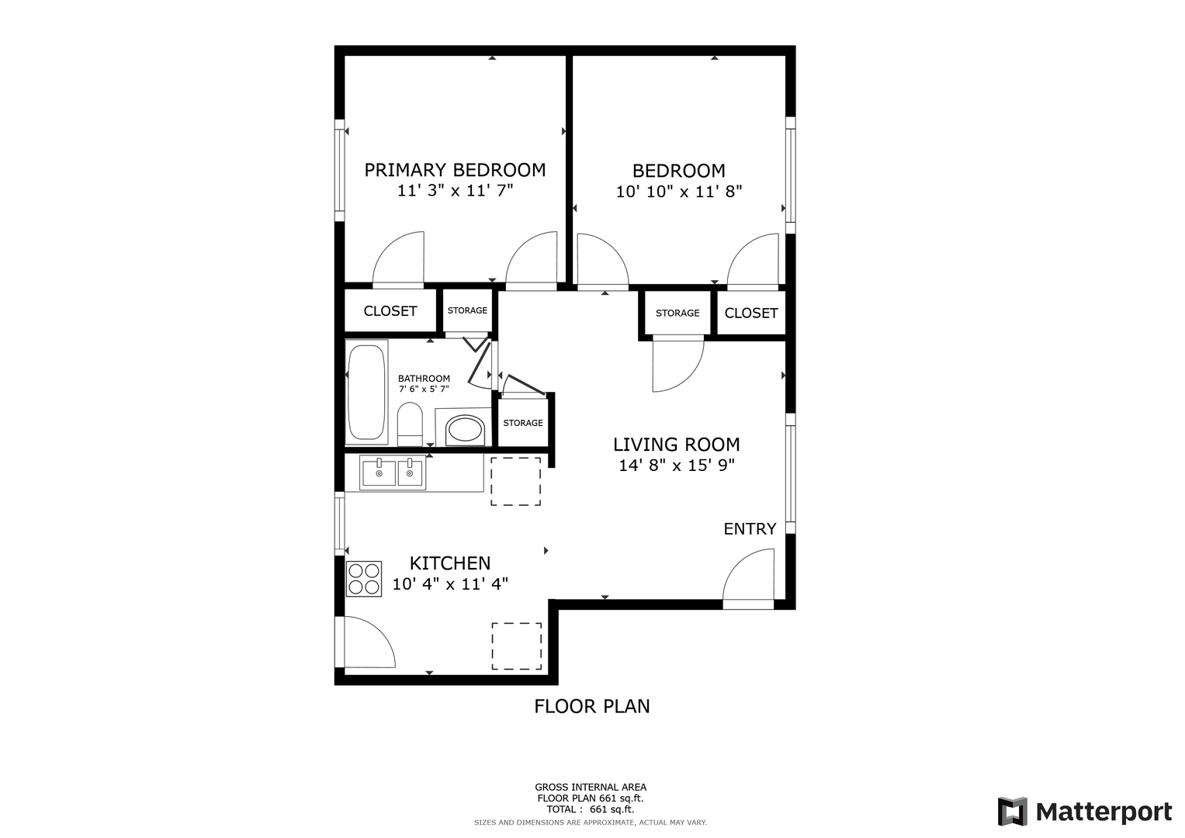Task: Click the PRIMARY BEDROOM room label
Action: (x=455, y=170)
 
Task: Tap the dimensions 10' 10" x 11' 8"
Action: (x=679, y=192)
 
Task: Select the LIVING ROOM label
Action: (x=676, y=445)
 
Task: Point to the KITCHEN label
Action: (x=450, y=563)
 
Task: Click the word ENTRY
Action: (x=750, y=529)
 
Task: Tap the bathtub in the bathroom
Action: (x=366, y=392)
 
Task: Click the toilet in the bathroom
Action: (x=410, y=424)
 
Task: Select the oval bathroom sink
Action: (x=466, y=429)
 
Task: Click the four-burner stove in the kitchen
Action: (x=364, y=580)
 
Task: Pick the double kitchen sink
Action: (x=393, y=473)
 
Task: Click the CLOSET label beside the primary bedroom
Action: (x=390, y=311)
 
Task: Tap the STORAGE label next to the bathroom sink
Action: (x=523, y=423)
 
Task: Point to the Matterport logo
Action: (x=1085, y=812)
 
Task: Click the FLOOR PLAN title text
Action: (x=592, y=706)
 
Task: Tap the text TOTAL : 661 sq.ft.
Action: (x=591, y=809)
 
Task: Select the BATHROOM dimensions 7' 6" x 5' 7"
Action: (x=424, y=390)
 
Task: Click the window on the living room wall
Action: (x=790, y=473)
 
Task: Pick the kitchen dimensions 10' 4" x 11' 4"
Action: (x=450, y=584)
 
